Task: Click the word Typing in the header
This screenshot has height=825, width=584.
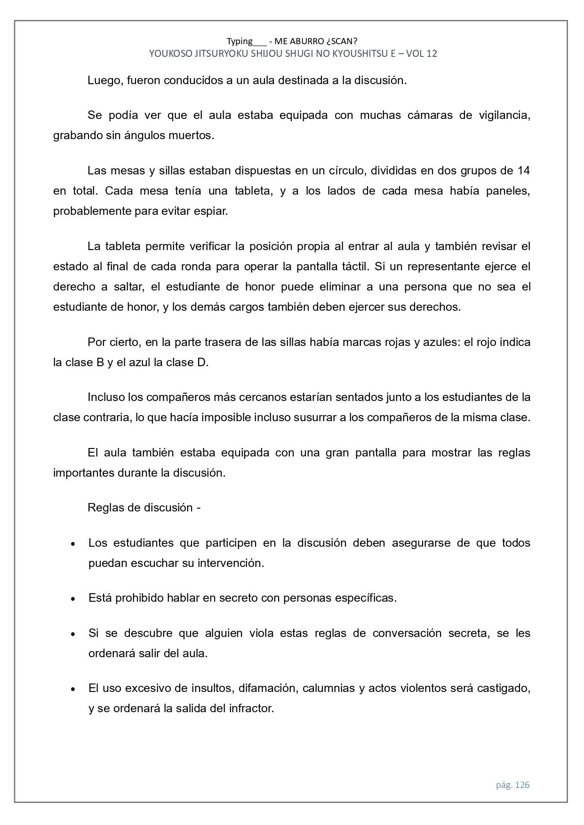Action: click(x=240, y=41)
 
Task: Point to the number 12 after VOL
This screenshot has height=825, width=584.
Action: click(x=432, y=54)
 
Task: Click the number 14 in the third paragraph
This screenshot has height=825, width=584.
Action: click(x=523, y=170)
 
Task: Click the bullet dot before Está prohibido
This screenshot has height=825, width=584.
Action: click(x=73, y=599)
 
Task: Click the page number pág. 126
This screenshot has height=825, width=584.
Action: click(x=512, y=785)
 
